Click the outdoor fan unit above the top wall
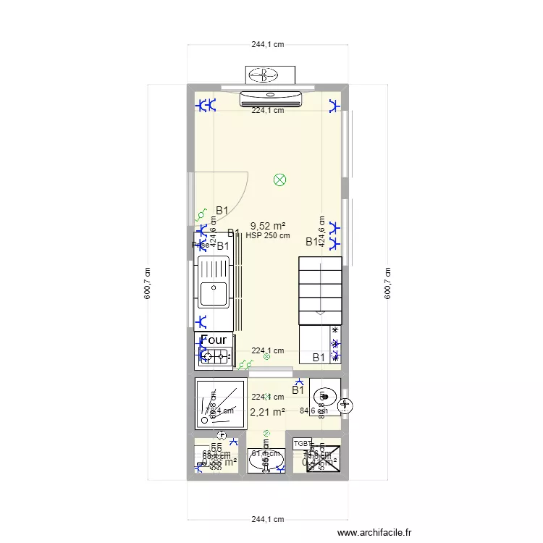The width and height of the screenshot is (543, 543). [x=271, y=75]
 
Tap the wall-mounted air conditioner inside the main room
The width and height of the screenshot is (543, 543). [x=271, y=96]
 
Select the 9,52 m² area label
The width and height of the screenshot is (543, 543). [x=267, y=226]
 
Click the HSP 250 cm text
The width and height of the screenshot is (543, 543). [x=268, y=235]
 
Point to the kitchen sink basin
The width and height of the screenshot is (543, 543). [x=214, y=292]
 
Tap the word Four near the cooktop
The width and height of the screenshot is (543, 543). [x=214, y=340]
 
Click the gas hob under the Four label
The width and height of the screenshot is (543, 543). [x=214, y=355]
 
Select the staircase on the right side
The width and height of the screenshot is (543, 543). [x=319, y=290]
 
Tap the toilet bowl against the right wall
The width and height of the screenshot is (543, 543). [x=324, y=396]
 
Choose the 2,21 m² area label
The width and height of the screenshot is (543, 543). [x=267, y=413]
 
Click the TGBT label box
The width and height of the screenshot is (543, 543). [x=302, y=443]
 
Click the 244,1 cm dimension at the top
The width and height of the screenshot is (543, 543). [x=267, y=44]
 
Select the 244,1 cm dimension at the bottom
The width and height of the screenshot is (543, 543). [x=267, y=520]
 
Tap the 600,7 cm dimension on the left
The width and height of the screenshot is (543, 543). [x=148, y=283]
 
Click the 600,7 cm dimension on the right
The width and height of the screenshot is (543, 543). [x=387, y=283]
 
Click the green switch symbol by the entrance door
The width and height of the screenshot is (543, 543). [x=202, y=215]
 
